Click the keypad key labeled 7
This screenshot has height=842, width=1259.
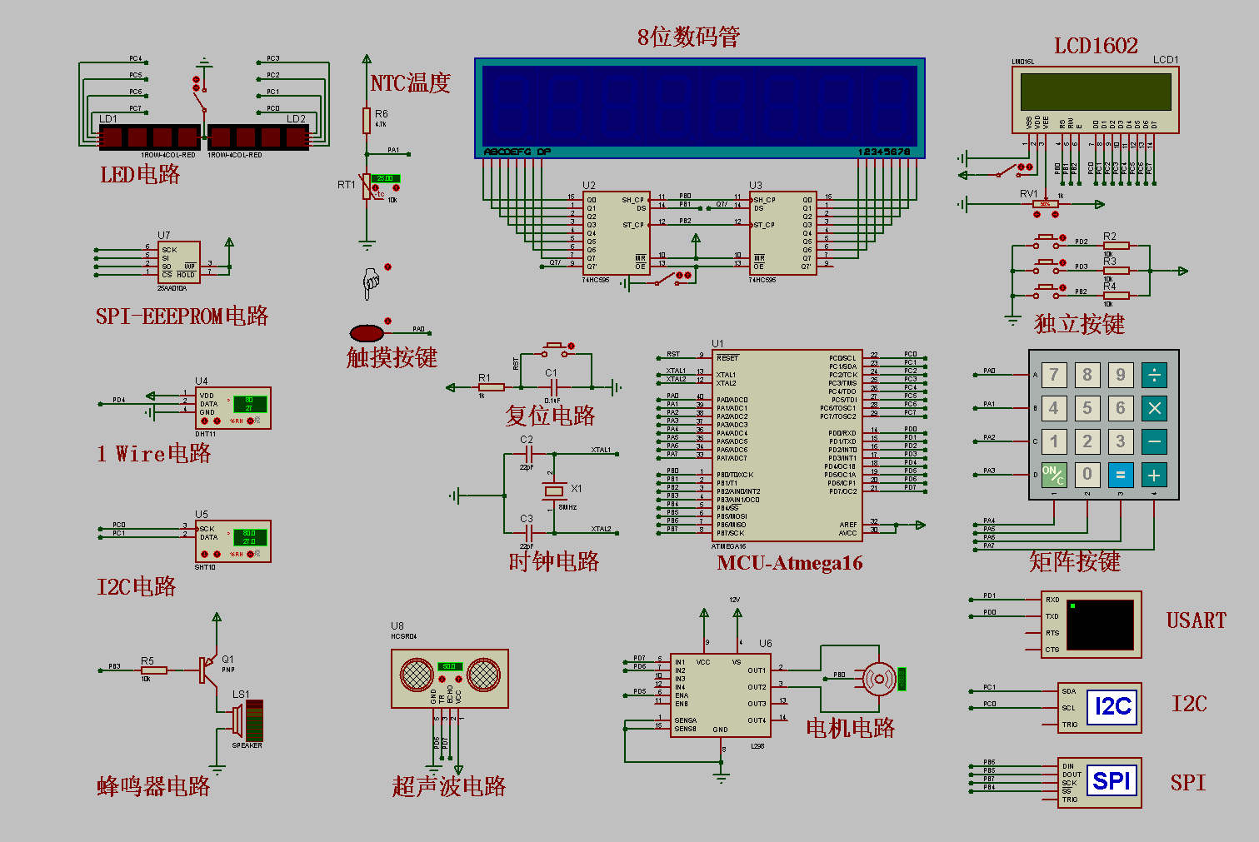(x=1054, y=375)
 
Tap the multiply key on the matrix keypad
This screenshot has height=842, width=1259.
(x=1154, y=408)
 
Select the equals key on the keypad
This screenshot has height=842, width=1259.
(x=1121, y=475)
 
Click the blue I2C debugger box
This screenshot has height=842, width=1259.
(x=1112, y=708)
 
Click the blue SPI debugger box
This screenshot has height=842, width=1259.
(x=1112, y=781)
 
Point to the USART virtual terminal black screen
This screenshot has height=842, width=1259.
(x=1100, y=625)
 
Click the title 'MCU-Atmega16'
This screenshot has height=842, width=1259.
(x=789, y=563)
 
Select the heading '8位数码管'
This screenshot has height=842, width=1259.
(x=688, y=37)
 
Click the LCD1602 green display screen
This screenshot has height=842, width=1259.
(x=1095, y=92)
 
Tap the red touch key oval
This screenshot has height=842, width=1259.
(x=367, y=333)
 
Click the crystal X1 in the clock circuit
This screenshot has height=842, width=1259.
(x=554, y=491)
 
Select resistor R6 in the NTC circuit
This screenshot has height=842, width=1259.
(x=366, y=121)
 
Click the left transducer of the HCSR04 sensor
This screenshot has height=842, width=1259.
(x=417, y=675)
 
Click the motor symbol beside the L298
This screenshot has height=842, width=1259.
(x=878, y=680)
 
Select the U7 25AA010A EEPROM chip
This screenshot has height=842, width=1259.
(x=179, y=262)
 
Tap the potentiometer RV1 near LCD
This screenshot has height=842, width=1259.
(x=1044, y=204)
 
